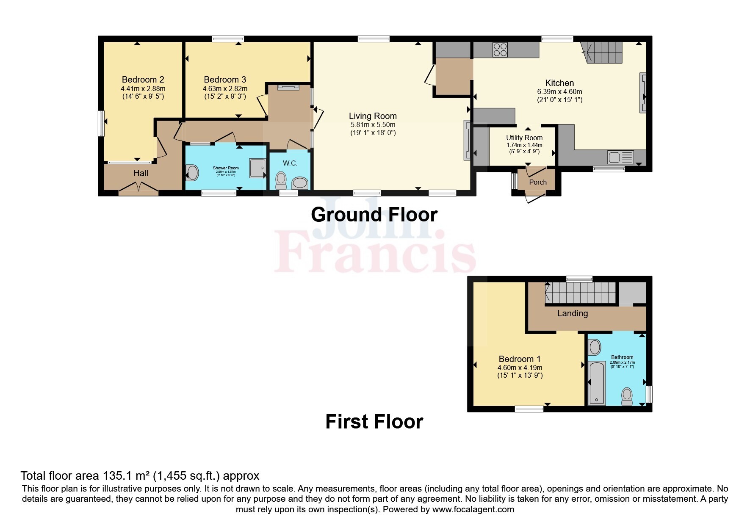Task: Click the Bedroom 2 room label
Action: coord(143,80)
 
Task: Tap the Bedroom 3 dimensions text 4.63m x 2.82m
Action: coord(225,88)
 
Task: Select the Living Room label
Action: coord(373,116)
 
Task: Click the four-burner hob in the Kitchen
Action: coord(500,50)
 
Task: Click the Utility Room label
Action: coord(524,138)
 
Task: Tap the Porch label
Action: coord(538,182)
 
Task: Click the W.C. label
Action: coord(290,163)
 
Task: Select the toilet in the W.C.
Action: coord(281,181)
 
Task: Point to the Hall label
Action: coord(141,173)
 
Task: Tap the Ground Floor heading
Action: coord(374,215)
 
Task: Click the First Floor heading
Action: coord(374,422)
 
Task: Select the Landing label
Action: coord(572,313)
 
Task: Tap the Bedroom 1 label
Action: coord(520,359)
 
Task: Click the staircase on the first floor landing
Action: coord(580,293)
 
